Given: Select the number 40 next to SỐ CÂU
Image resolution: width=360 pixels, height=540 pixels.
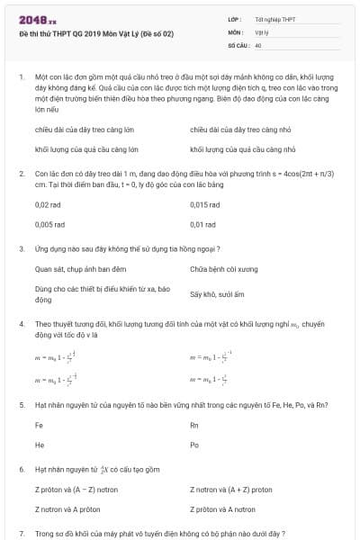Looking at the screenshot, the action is coord(258,44).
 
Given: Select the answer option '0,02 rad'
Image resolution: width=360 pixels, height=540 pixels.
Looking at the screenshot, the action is coord(49,204).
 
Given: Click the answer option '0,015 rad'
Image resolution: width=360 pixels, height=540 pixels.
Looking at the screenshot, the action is coord(205,204).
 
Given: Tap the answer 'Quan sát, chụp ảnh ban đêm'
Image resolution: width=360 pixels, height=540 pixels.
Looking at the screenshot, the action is coord(81,269).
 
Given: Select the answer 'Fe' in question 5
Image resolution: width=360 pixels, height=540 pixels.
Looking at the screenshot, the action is coord(39,425).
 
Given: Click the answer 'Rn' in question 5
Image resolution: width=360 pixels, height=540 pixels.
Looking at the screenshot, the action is coord(194,425).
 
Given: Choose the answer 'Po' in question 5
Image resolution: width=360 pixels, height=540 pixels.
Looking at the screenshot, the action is coord(194,445).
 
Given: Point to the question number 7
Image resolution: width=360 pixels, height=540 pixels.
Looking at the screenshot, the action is coord(21,533).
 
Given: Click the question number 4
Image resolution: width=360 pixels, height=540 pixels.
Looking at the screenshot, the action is coord(21,321).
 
